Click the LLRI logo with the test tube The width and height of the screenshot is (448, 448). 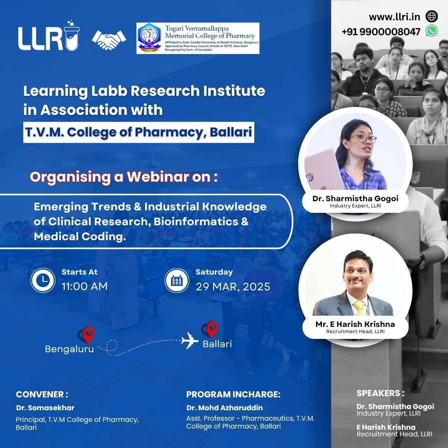tap(49, 36)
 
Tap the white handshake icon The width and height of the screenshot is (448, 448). tap(109, 39)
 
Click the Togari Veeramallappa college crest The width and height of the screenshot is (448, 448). tap(149, 38)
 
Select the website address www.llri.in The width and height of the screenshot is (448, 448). tap(394, 17)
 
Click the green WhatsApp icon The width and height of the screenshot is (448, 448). tap(431, 31)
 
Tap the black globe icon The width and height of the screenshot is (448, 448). tap(431, 16)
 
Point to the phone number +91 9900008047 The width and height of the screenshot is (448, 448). tap(381, 32)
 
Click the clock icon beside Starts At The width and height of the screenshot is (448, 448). tap(43, 280)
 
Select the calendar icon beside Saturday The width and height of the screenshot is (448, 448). tap(177, 280)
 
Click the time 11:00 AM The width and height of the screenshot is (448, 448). tap(85, 286)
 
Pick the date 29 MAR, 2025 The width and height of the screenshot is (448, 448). tap(233, 287)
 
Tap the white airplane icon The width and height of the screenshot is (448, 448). tap(190, 340)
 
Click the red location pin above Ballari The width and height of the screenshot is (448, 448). tap(212, 329)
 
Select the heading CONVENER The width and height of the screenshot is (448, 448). tap(42, 394)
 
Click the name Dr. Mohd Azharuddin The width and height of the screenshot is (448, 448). tap(224, 408)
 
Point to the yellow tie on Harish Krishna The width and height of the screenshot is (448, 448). tap(359, 308)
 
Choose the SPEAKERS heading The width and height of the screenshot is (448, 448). tap(380, 393)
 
